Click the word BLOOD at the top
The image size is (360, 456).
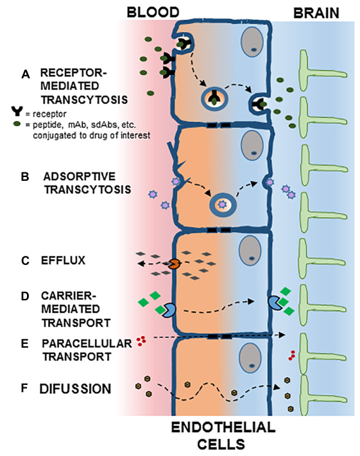point(153,12)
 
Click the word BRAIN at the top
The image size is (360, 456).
point(316,13)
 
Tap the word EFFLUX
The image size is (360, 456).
point(63,260)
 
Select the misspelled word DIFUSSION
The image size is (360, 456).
point(75,389)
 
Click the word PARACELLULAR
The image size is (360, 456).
point(87,344)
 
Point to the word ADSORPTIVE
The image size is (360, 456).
point(80,176)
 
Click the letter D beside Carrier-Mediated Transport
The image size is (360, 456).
point(25,296)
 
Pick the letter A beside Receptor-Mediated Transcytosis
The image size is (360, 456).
point(26,74)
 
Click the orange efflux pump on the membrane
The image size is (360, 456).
point(175,264)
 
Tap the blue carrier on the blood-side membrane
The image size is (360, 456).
point(169,310)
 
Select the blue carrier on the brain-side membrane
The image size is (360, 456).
point(274,303)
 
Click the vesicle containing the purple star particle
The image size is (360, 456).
point(223,205)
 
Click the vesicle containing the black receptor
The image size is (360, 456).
point(214,99)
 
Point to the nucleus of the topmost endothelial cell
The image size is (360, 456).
point(252,43)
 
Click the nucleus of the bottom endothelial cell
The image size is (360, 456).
point(250,358)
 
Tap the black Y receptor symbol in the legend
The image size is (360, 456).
point(17,111)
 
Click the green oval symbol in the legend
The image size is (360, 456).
point(17,124)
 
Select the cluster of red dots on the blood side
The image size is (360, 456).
point(142,341)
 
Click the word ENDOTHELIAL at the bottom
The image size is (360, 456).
point(223,428)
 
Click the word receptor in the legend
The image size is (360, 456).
point(50,114)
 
